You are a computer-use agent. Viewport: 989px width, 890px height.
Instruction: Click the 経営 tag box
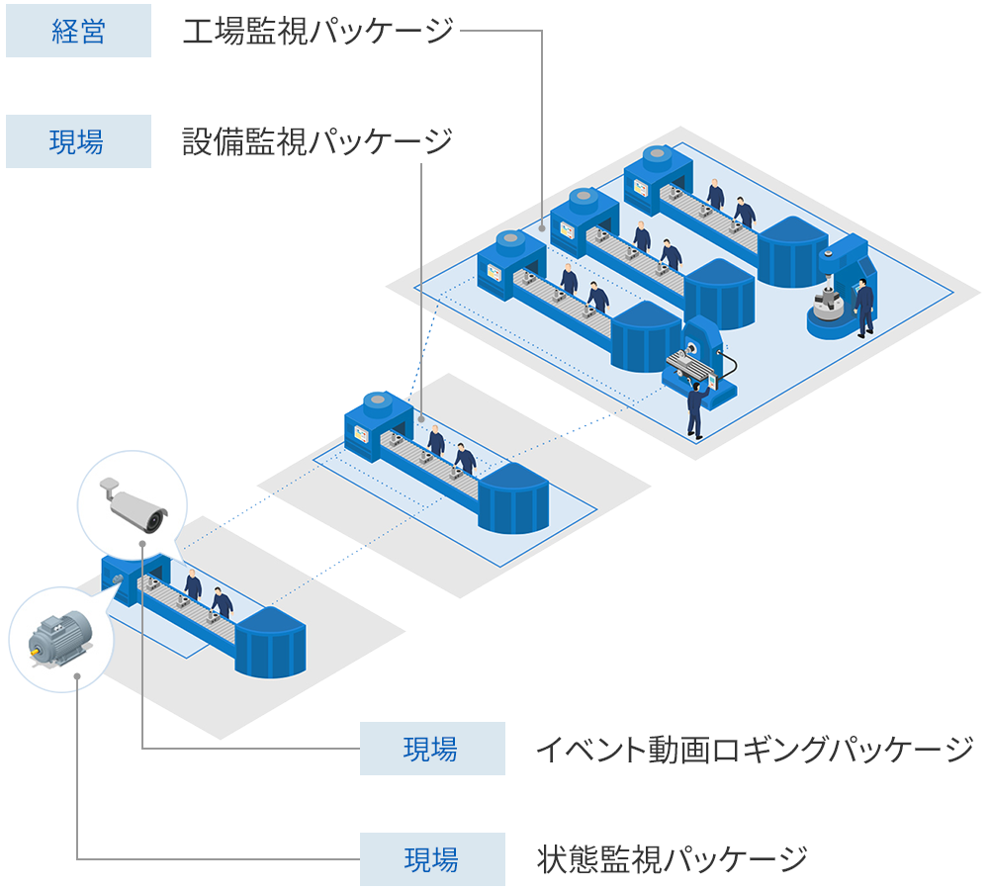coord(78,32)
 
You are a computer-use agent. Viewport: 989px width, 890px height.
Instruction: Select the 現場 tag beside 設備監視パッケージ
coord(78,141)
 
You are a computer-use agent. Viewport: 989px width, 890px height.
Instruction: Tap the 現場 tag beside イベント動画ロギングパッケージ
coord(431,749)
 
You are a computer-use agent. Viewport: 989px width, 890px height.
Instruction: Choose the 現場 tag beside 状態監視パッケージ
coord(431,858)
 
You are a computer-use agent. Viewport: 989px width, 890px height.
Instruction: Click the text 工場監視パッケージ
coord(317,32)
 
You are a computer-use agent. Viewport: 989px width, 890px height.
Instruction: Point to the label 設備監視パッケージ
coord(317,141)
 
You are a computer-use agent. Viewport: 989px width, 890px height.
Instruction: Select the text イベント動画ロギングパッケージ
coord(755,749)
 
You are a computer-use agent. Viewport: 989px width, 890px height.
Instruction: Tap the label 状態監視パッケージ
coord(673,858)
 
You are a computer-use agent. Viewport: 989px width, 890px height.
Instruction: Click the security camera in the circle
coord(135,504)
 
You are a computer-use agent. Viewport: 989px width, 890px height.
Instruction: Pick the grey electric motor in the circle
coord(58,635)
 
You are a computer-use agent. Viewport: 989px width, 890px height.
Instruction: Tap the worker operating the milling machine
coord(696,407)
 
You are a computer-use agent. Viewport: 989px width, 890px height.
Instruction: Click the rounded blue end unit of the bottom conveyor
coord(269,643)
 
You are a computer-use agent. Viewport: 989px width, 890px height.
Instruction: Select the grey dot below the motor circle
coord(77,678)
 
